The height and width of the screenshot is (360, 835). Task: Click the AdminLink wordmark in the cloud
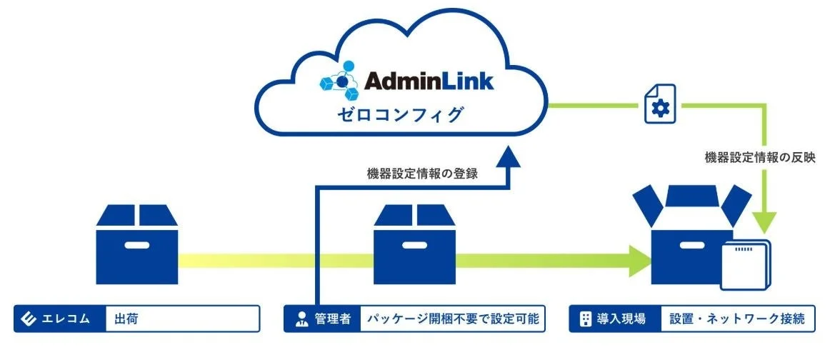(429, 81)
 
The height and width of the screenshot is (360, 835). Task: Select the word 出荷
(126, 319)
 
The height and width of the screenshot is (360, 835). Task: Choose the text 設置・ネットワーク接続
(736, 319)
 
